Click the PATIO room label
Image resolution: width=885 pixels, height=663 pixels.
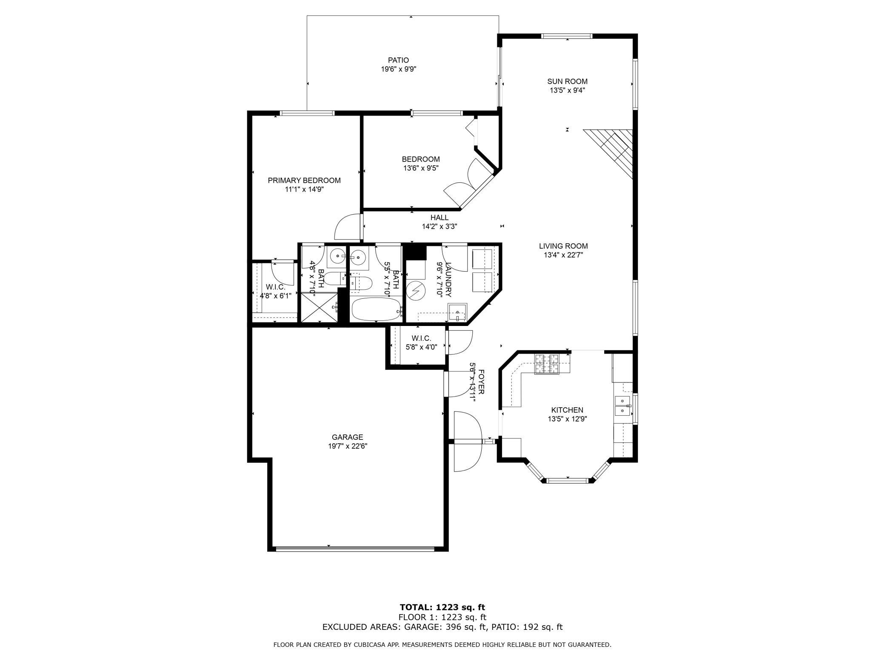click(398, 60)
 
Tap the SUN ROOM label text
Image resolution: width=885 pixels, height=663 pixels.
click(567, 81)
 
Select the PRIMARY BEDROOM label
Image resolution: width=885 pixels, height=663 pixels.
click(304, 180)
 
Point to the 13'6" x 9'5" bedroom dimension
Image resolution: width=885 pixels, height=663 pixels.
click(421, 168)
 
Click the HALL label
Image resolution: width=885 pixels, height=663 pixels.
click(440, 218)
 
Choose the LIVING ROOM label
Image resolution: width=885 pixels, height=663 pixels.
click(563, 246)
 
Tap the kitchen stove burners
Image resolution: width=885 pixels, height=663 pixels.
click(546, 364)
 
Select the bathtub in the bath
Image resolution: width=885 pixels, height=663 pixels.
click(376, 309)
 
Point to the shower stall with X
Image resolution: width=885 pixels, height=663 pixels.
click(319, 307)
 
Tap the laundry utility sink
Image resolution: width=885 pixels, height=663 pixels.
click(457, 313)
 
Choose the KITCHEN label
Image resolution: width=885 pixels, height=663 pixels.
click(567, 410)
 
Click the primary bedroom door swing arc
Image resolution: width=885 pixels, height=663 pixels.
click(343, 223)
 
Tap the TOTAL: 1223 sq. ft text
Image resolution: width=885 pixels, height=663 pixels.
click(442, 607)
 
